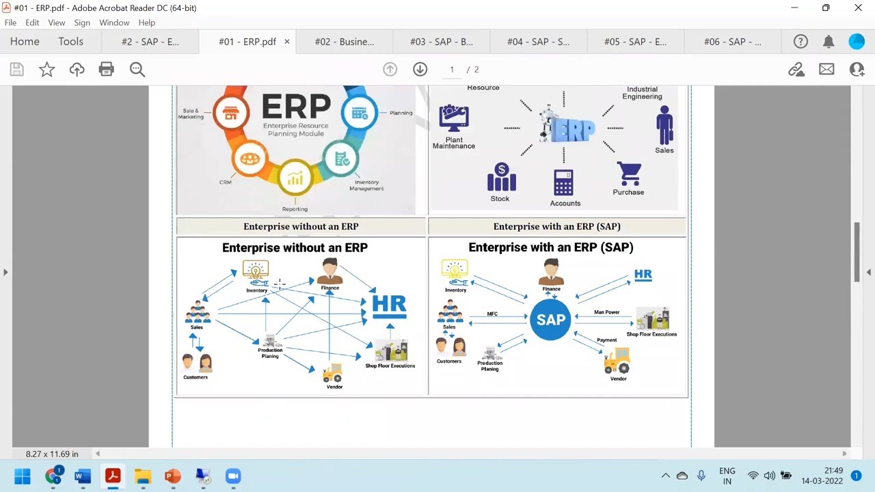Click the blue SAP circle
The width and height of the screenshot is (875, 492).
pyautogui.click(x=550, y=319)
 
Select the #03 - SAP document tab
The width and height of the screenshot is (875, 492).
pyautogui.click(x=441, y=42)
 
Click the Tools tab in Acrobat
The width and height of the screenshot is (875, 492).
pyautogui.click(x=70, y=42)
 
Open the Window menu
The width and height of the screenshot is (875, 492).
pyautogui.click(x=114, y=23)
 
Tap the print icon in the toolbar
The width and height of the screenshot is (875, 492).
pyautogui.click(x=106, y=69)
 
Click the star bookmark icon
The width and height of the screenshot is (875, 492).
pyautogui.click(x=46, y=69)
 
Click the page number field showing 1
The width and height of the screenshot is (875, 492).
pyautogui.click(x=452, y=70)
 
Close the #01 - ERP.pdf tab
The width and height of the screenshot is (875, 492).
pyautogui.click(x=287, y=42)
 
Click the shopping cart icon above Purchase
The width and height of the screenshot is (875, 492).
pyautogui.click(x=628, y=174)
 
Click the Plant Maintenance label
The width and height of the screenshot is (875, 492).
pyautogui.click(x=454, y=143)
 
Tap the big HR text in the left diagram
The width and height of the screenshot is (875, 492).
pyautogui.click(x=389, y=305)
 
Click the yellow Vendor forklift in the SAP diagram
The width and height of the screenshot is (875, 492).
pyautogui.click(x=617, y=360)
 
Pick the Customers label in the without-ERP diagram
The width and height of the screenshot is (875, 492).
pyautogui.click(x=196, y=377)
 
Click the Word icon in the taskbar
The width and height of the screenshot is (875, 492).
pyautogui.click(x=83, y=476)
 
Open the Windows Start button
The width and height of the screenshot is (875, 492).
pyautogui.click(x=23, y=476)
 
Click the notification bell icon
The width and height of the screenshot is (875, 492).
pyautogui.click(x=829, y=42)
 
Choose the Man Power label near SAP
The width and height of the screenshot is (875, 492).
pyautogui.click(x=606, y=312)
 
